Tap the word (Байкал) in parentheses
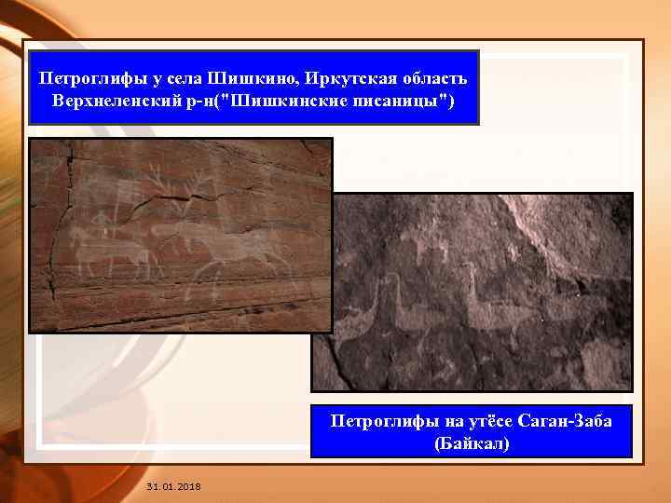472,442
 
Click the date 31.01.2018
173,487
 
